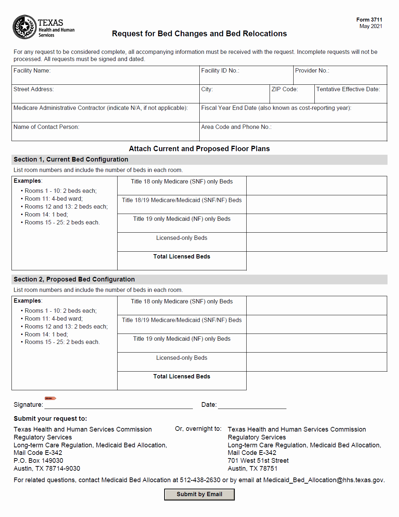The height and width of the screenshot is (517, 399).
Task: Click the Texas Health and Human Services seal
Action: coord(24,27)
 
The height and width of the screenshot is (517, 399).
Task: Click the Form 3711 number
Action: coord(369,20)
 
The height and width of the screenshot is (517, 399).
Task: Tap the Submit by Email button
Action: coord(199,494)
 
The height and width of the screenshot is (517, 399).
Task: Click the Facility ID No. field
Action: coord(246,78)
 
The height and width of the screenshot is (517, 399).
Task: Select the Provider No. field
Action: coord(340,78)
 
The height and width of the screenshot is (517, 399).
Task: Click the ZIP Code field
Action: coord(292,97)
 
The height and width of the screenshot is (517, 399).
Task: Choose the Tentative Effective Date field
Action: coord(351,97)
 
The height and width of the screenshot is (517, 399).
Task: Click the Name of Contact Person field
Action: coord(105,134)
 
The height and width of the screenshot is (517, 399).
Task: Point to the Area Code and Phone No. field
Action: coord(293,134)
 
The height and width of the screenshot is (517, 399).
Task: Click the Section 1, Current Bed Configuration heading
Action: coord(71,159)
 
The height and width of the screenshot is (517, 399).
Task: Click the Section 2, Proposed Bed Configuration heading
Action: coord(74,279)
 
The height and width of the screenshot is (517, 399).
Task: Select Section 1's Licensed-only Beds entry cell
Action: coord(317,242)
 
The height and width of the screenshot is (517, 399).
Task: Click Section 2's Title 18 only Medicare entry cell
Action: coord(317,306)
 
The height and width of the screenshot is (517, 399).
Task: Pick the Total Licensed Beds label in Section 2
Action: coord(182,377)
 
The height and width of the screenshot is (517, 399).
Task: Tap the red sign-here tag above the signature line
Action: coord(50,398)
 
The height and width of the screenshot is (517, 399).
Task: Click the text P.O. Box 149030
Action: coord(38,461)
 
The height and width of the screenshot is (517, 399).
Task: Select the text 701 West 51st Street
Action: coord(258,461)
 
